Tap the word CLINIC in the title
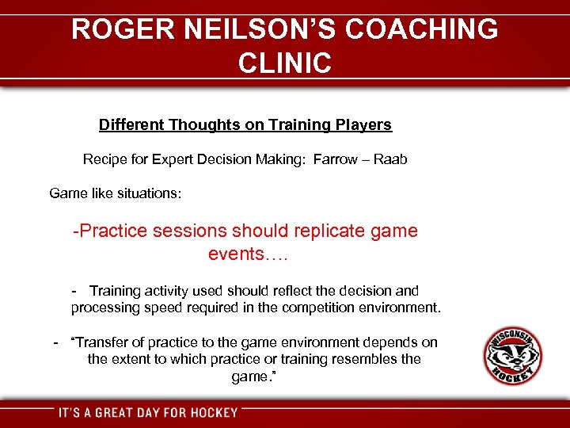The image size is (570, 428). pyautogui.click(x=284, y=63)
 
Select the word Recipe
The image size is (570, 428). pyautogui.click(x=104, y=159)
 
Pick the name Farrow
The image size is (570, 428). pyautogui.click(x=335, y=159)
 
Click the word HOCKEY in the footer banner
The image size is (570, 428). pyautogui.click(x=214, y=412)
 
